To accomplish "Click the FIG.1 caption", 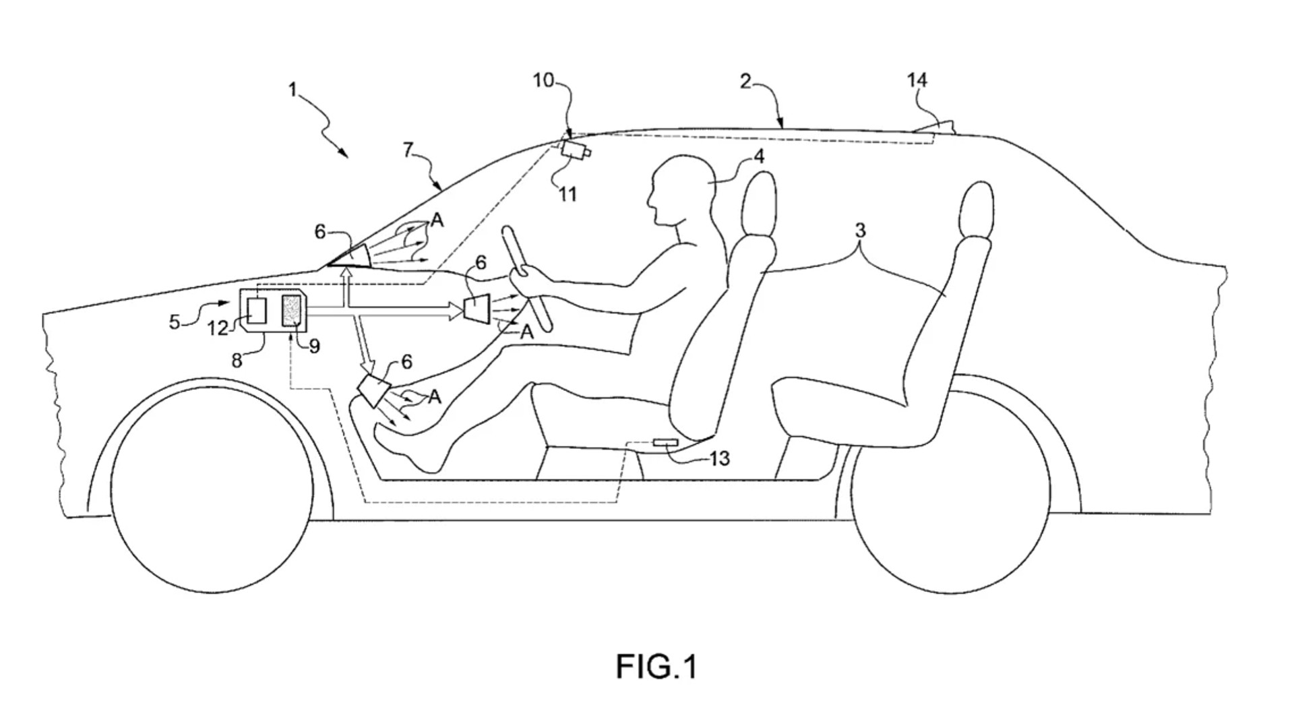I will point(656,666).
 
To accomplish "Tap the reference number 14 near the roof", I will point(917,80).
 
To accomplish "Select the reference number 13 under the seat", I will point(720,459).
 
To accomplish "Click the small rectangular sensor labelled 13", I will point(666,443).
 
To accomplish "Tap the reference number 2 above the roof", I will point(745,82).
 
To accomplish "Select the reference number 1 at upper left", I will point(292,90).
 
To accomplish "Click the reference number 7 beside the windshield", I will point(407,150).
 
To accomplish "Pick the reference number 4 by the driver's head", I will point(759,156).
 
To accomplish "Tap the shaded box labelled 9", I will point(293,311).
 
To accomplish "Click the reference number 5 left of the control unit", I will point(175,322).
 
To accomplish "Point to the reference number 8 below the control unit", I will point(237,361).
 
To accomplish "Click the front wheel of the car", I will point(212,485).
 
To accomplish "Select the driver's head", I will point(682,190).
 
